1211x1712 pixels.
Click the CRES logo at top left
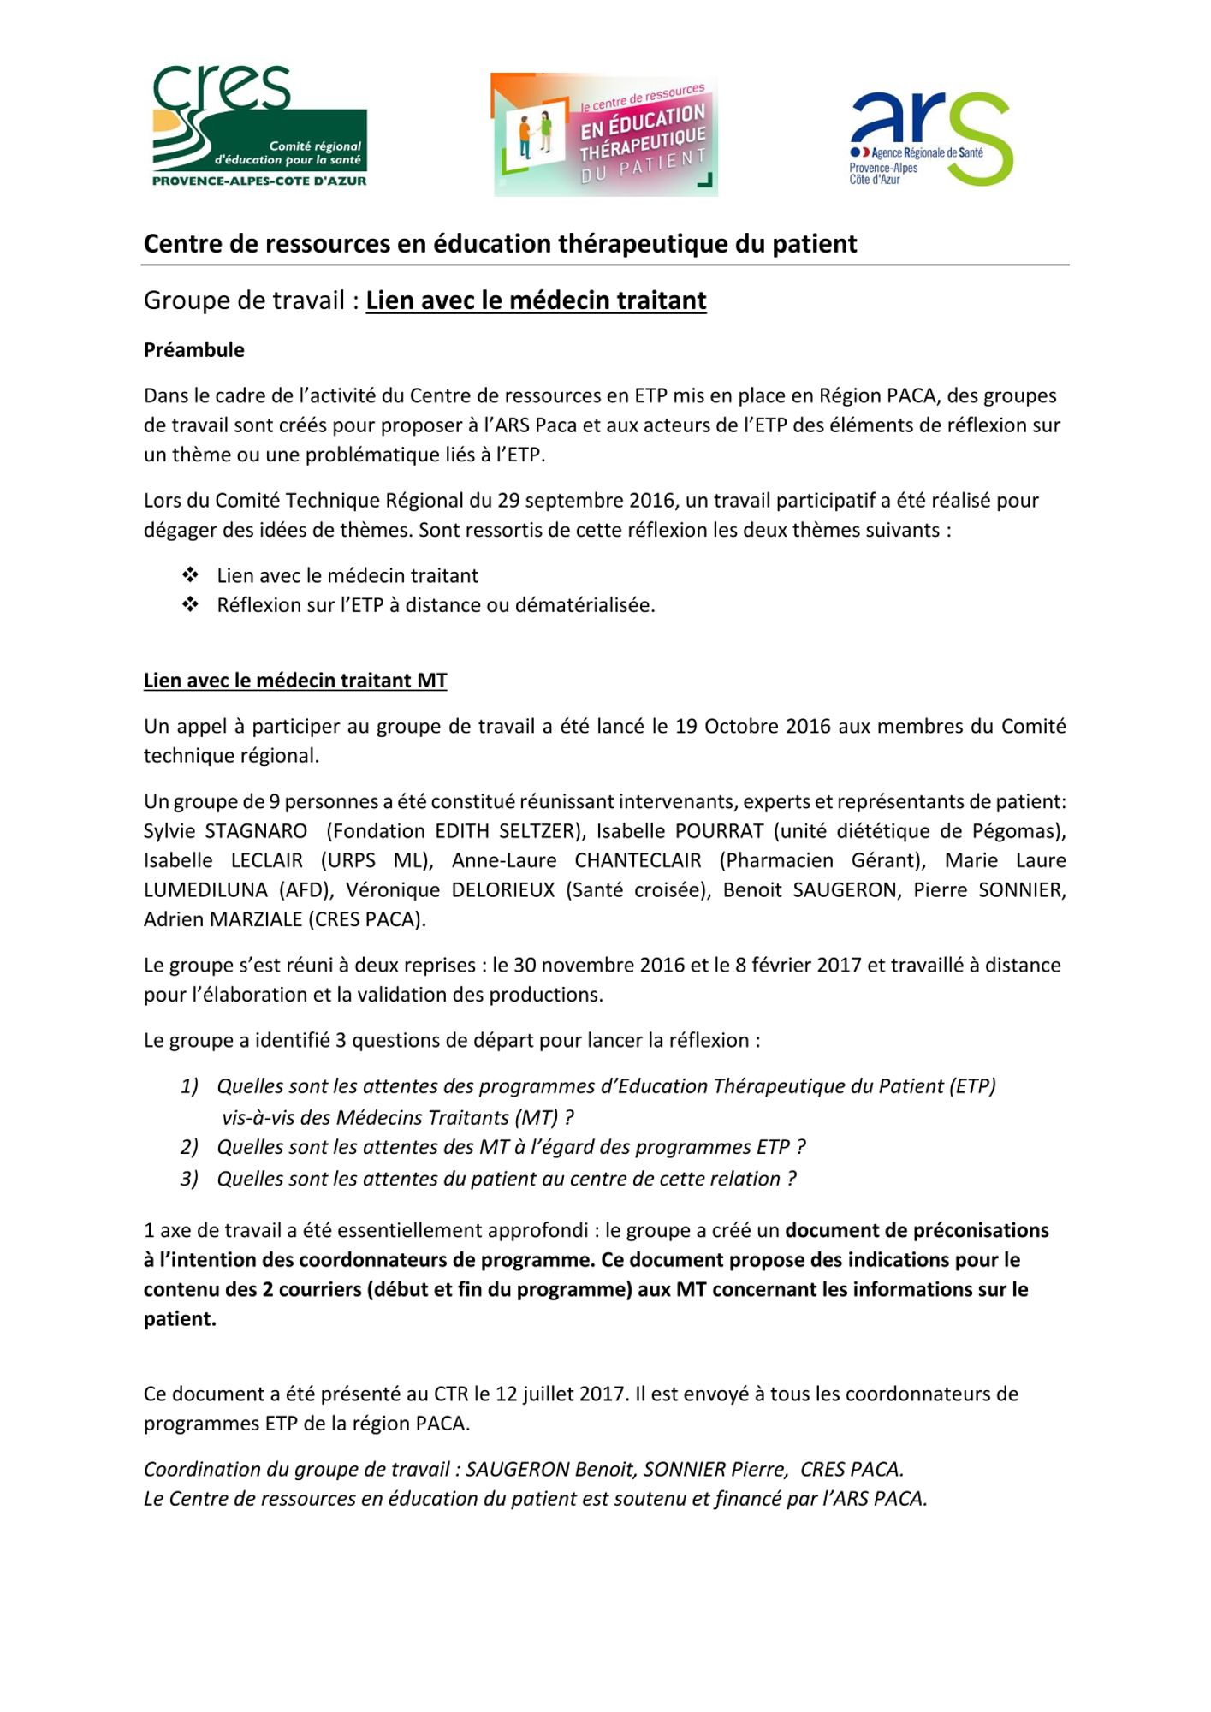(258, 126)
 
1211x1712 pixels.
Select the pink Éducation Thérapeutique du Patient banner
(605, 135)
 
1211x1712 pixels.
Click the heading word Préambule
(193, 350)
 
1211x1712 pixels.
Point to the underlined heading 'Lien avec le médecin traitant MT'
(295, 681)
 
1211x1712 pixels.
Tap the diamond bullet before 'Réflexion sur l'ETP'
(190, 605)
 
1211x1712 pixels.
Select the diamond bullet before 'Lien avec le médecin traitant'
(190, 575)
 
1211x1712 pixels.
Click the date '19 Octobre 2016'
(752, 727)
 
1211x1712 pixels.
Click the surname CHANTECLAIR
(638, 860)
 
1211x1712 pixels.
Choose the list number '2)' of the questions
(189, 1147)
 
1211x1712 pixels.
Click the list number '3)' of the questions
(189, 1179)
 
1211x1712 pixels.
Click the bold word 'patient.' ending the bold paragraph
(180, 1319)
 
